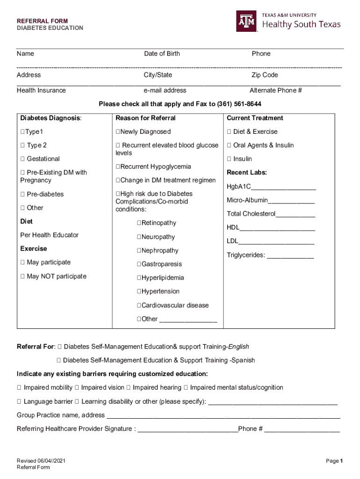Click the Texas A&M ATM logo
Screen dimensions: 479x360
(246, 21)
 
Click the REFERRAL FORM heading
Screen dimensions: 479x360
(43, 21)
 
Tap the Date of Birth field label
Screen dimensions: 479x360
(162, 54)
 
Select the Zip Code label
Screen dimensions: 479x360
(265, 75)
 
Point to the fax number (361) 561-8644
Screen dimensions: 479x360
(239, 103)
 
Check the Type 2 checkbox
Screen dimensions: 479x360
(22, 145)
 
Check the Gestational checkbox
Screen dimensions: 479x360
(22, 159)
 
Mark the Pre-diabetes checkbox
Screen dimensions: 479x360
(22, 194)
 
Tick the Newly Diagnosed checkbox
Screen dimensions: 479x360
(118, 132)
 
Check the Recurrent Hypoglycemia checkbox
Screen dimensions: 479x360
(118, 167)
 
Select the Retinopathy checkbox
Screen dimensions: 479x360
(139, 223)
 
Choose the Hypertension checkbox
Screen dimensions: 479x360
(139, 291)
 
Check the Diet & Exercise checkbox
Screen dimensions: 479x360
(229, 132)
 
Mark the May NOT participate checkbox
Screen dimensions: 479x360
(22, 276)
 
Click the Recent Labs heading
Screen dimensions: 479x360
(247, 173)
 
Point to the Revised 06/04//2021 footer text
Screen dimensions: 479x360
(41, 461)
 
